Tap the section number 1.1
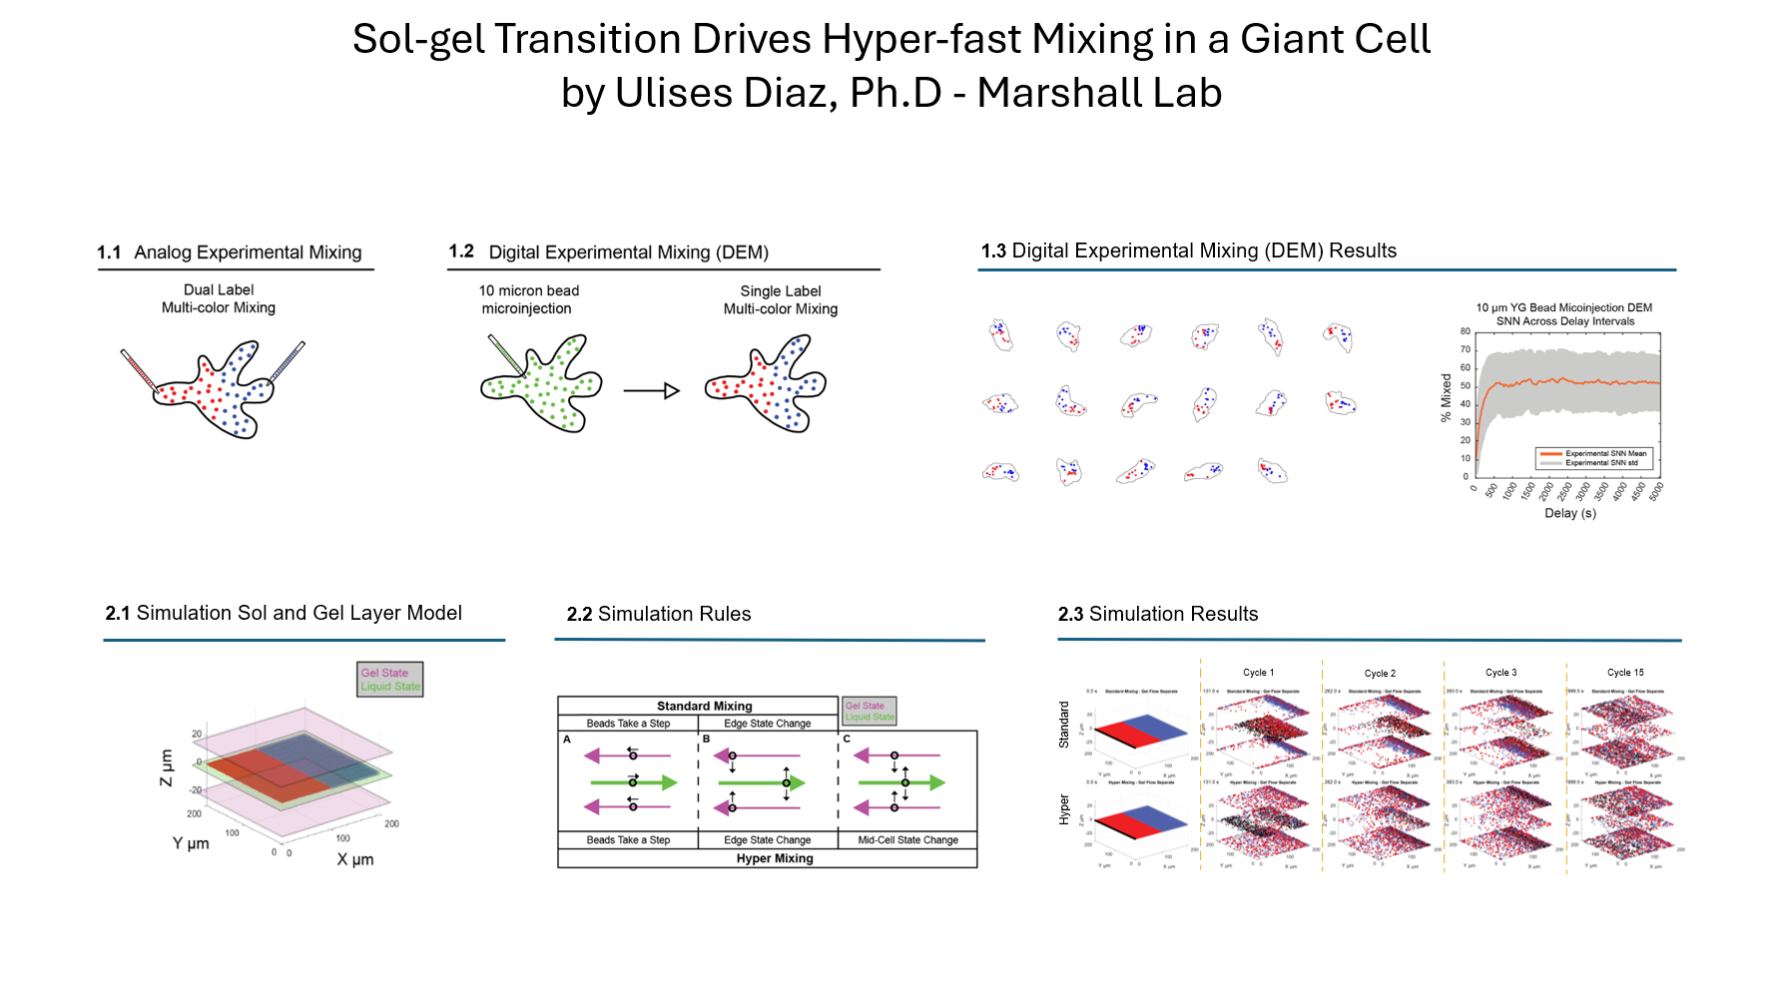pos(109,252)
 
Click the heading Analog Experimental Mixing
pos(248,252)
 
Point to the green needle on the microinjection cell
pos(506,354)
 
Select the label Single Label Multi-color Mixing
pos(781,300)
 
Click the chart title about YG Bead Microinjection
pos(1564,314)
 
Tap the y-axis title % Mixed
pos(1446,397)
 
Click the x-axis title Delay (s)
pos(1570,513)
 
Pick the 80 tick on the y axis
pos(1466,331)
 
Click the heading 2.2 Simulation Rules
pos(659,614)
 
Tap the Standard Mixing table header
pos(705,706)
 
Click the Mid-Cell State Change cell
pos(907,840)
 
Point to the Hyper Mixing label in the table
pos(775,858)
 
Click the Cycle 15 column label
pos(1625,673)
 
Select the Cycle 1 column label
pos(1258,673)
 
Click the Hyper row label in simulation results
pos(1064,809)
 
